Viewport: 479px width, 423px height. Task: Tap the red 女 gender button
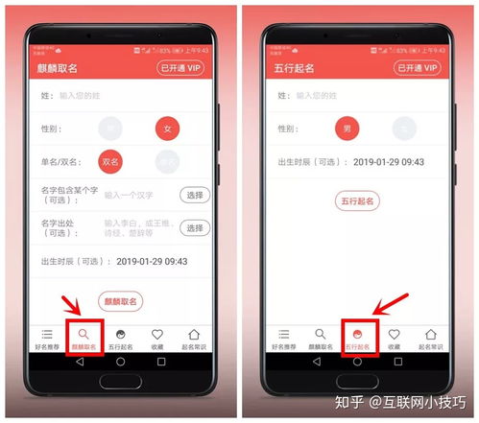tap(168, 128)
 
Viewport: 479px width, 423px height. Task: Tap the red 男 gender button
tap(347, 128)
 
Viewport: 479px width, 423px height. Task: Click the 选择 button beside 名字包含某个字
tap(195, 195)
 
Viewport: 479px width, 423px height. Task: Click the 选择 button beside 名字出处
tap(195, 228)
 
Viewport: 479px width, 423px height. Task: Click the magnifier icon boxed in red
tap(82, 334)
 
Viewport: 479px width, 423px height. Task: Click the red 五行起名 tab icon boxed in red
tap(357, 334)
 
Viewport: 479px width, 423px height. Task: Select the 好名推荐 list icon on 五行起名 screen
tap(281, 334)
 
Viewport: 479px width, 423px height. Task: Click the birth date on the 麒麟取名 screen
tap(152, 261)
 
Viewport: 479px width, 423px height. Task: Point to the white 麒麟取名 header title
tap(59, 68)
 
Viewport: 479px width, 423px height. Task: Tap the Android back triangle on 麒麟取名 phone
tap(81, 362)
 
